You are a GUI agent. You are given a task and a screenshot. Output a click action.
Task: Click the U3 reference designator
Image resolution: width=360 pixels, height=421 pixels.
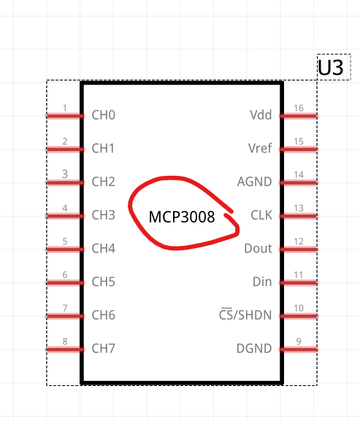click(x=331, y=67)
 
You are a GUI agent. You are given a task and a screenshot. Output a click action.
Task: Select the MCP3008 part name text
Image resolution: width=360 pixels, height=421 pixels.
click(x=182, y=217)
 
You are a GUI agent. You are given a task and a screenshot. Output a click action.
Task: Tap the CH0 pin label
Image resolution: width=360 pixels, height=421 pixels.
click(x=104, y=115)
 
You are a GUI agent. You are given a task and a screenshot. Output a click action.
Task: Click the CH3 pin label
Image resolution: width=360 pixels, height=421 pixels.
click(x=104, y=215)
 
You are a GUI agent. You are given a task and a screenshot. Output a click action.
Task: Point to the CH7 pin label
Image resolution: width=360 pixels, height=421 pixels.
click(x=104, y=349)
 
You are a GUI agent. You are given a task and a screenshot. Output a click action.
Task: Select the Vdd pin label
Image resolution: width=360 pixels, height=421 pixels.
click(x=261, y=115)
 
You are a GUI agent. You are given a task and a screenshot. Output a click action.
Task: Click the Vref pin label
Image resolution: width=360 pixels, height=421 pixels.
click(x=260, y=148)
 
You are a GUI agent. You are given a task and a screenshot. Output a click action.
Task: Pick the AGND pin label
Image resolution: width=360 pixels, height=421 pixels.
click(x=254, y=182)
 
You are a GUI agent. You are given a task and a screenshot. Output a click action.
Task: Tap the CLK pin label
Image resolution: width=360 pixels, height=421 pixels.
click(x=261, y=215)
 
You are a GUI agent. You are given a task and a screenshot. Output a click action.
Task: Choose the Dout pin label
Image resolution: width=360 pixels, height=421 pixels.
click(x=258, y=248)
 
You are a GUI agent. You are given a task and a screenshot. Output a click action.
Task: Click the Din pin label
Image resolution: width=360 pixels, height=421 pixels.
click(x=262, y=282)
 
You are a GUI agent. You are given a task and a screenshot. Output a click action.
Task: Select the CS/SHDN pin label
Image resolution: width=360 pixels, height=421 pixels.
click(x=245, y=314)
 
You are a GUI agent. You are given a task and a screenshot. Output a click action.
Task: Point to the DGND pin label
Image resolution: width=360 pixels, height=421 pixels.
click(x=254, y=349)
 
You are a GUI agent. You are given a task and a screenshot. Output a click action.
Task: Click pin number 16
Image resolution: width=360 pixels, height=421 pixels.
click(x=299, y=108)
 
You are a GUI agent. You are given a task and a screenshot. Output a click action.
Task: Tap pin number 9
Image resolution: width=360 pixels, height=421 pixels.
click(x=299, y=341)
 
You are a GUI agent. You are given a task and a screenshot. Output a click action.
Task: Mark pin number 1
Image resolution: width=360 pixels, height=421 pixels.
click(x=65, y=108)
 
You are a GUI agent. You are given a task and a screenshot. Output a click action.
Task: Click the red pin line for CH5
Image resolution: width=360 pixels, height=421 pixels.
click(x=65, y=282)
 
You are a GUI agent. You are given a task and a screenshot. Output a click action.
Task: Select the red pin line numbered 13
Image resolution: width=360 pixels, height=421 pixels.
click(x=299, y=216)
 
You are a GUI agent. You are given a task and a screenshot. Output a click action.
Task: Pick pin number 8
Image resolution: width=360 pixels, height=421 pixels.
click(x=65, y=341)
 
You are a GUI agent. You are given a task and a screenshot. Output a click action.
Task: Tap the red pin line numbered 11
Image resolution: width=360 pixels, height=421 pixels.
click(x=299, y=282)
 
